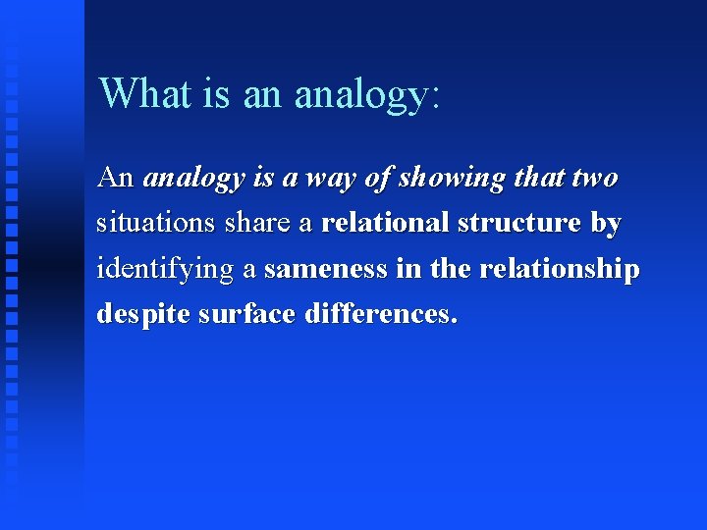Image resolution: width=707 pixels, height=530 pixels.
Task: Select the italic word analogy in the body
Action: (x=193, y=179)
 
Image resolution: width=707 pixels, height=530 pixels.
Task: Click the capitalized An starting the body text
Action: (x=115, y=178)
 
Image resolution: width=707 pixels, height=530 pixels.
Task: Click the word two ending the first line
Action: (x=594, y=178)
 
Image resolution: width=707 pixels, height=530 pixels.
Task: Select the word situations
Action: (x=153, y=224)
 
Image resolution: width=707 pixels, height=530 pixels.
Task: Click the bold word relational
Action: (x=385, y=223)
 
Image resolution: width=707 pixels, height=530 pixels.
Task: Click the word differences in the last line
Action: (x=379, y=314)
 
